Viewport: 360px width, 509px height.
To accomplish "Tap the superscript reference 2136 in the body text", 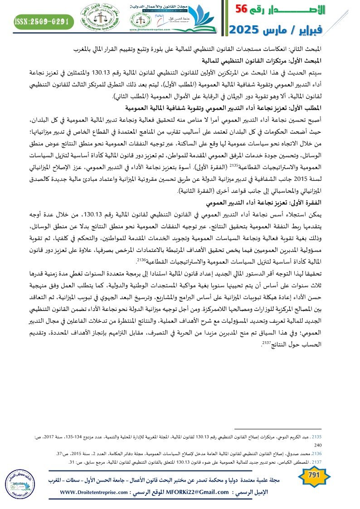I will pyautogui.click(x=140, y=260).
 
